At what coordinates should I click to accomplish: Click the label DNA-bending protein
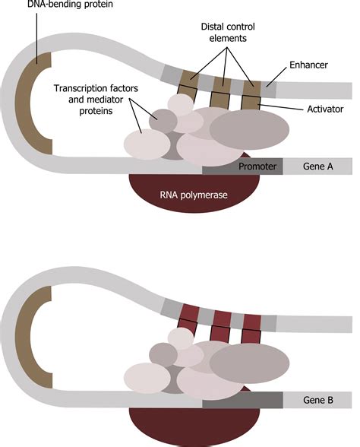(x=70, y=5)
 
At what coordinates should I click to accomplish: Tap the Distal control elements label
(x=228, y=32)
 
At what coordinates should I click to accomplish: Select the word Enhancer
(x=308, y=65)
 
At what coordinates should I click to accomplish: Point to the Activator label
(x=325, y=109)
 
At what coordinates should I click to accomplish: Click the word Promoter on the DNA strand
(x=257, y=166)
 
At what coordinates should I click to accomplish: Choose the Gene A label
(x=317, y=166)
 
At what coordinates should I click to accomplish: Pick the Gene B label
(x=317, y=400)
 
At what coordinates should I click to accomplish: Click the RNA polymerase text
(x=194, y=195)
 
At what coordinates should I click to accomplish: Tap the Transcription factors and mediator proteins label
(x=96, y=100)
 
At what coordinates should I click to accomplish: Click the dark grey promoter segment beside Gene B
(x=242, y=400)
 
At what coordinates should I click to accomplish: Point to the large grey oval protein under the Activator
(x=249, y=129)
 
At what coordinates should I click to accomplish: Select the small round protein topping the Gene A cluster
(x=181, y=104)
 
